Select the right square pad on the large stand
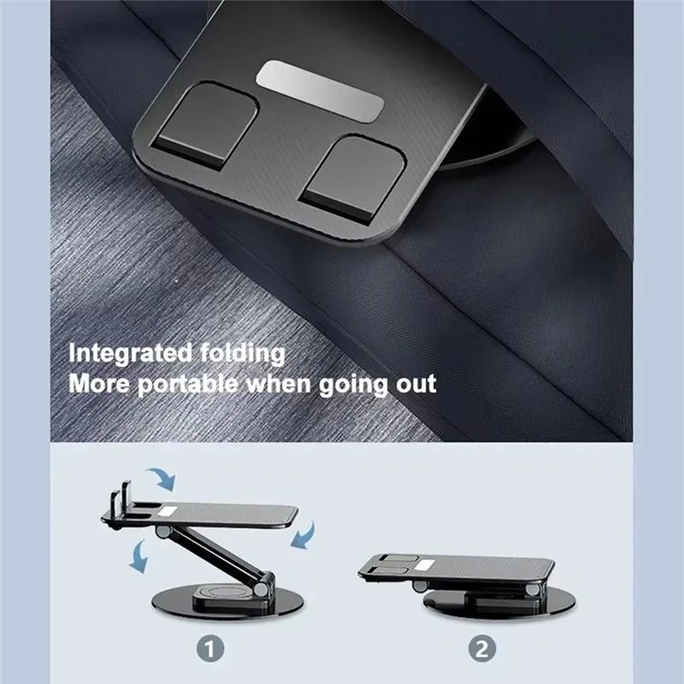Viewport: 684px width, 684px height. point(354,176)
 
